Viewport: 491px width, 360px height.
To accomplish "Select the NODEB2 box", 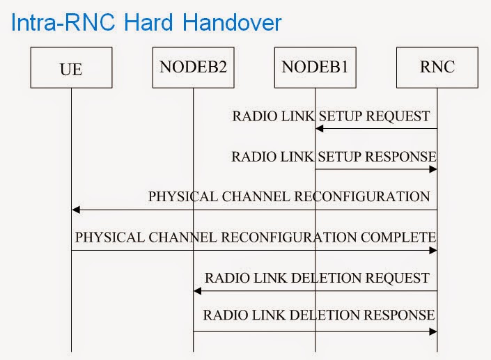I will click(193, 68).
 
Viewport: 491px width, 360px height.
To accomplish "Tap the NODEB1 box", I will click(315, 68).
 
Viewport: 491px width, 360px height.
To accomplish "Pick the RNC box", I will click(437, 68).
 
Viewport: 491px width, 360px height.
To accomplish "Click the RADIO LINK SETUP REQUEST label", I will click(331, 116).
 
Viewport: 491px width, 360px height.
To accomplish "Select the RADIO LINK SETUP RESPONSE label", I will click(334, 157).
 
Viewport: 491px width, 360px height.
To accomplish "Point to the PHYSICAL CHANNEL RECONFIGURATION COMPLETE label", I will click(255, 237).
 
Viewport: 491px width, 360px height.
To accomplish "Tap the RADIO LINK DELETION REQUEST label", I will click(316, 278).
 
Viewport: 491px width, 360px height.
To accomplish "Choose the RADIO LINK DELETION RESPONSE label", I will click(319, 315).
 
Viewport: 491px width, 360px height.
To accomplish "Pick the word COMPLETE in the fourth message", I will click(398, 237).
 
